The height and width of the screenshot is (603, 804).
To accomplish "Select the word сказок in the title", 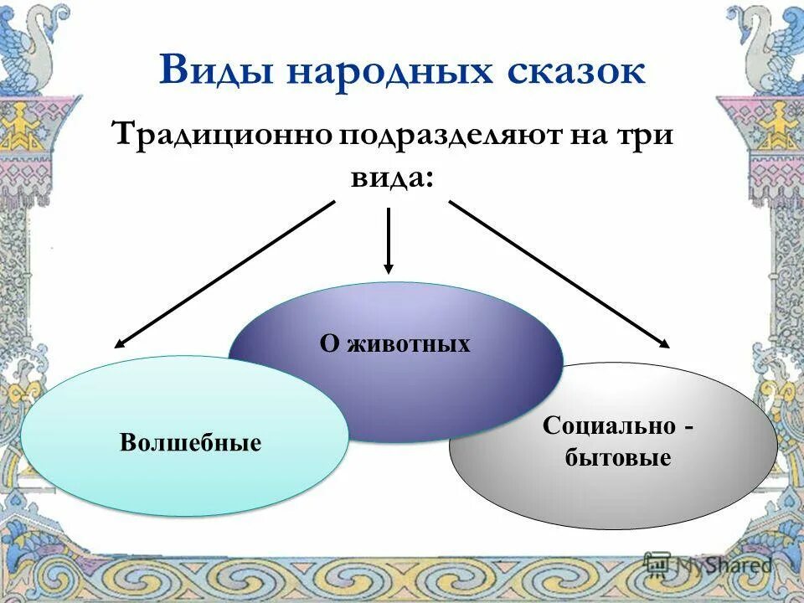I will point(575,70).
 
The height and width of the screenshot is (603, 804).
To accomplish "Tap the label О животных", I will point(394,343).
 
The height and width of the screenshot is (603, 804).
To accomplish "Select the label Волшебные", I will point(190,441).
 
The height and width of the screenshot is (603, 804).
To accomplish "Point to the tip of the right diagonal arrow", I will point(668,344).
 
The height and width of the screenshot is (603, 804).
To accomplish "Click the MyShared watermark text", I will point(724,565).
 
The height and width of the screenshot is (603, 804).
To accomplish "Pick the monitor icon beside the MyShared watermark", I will point(657,563).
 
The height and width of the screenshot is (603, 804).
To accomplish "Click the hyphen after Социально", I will point(688,427).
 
